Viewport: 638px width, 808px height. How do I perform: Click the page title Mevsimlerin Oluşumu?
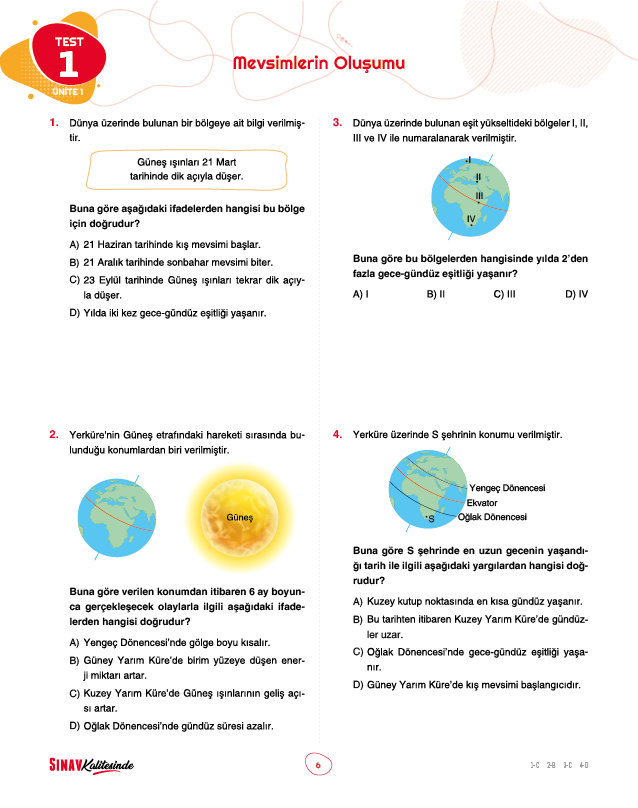[x=318, y=64]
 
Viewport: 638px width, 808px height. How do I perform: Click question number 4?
[x=337, y=435]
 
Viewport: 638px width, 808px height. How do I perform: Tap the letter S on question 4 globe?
[x=430, y=519]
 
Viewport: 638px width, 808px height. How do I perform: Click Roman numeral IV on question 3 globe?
[x=471, y=218]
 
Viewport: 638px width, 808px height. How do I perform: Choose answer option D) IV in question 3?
[x=576, y=294]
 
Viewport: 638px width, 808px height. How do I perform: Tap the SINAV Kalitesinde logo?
[x=91, y=765]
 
